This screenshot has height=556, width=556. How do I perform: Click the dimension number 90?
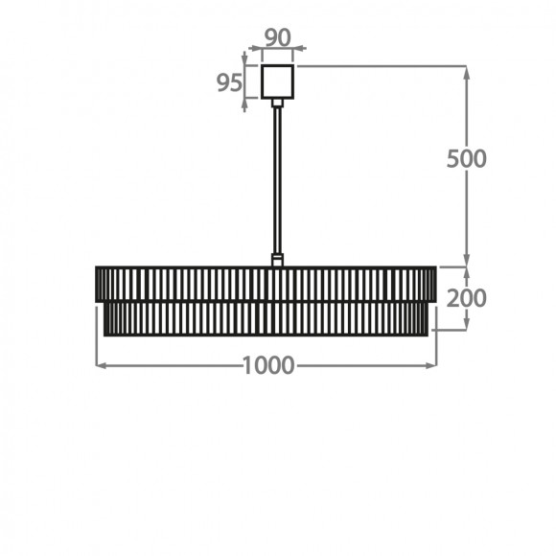pyautogui.click(x=278, y=37)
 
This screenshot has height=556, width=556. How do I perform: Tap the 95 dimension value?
pyautogui.click(x=229, y=82)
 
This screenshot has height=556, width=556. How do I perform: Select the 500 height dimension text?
pyautogui.click(x=466, y=158)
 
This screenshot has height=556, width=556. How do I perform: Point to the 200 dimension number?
pyautogui.click(x=466, y=298)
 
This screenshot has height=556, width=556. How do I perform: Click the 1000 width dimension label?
pyautogui.click(x=268, y=365)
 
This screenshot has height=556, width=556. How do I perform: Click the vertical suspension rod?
pyautogui.click(x=277, y=180)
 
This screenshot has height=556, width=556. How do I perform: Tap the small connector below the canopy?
pyautogui.click(x=277, y=103)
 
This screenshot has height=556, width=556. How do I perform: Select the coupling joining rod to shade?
pyautogui.click(x=277, y=260)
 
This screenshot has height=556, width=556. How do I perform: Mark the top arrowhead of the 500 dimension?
pyautogui.click(x=466, y=73)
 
